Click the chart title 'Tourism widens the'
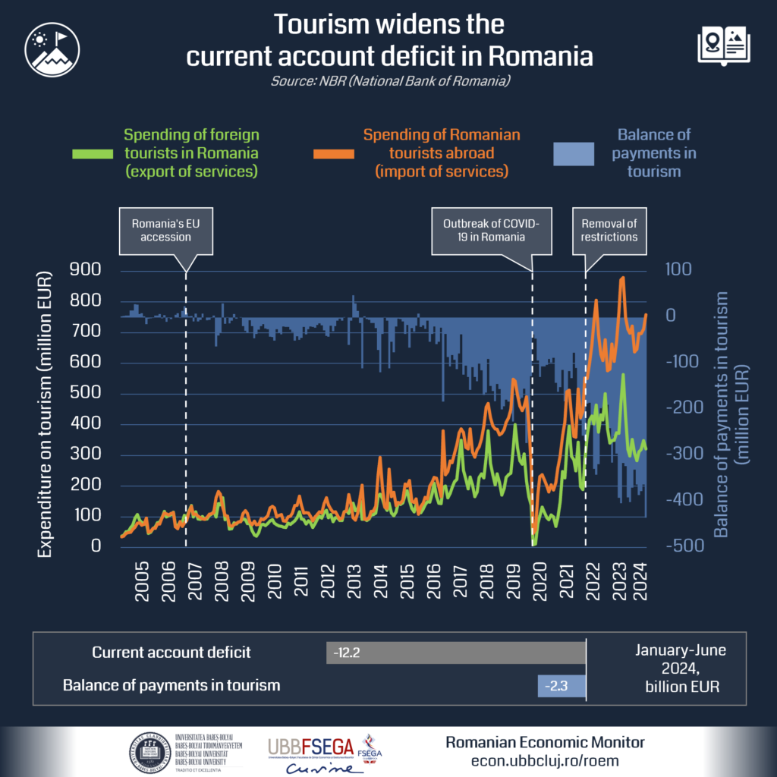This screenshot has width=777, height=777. (388, 24)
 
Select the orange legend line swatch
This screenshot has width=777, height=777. (334, 153)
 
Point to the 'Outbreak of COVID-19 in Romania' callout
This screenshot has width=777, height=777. (491, 231)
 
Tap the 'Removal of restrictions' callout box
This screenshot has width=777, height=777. (609, 231)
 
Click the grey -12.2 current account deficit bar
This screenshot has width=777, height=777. (456, 653)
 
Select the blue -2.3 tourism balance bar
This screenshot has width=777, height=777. (562, 685)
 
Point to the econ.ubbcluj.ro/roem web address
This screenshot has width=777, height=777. (545, 760)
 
